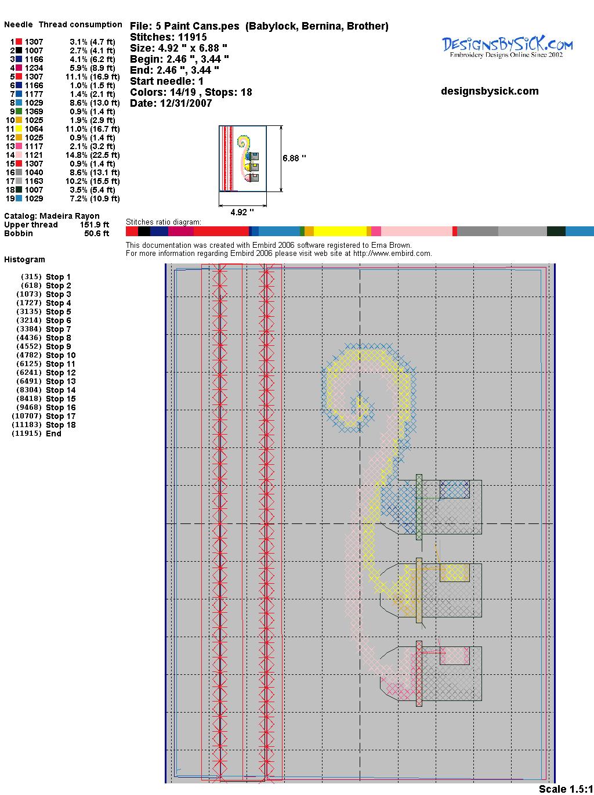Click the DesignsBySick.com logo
click(x=507, y=47)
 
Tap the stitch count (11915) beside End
click(x=27, y=433)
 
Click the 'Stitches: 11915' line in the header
click(x=168, y=37)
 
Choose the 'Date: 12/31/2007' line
click(x=171, y=103)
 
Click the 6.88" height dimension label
click(x=294, y=158)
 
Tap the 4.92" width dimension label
click(x=242, y=212)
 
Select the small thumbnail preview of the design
click(x=242, y=158)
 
